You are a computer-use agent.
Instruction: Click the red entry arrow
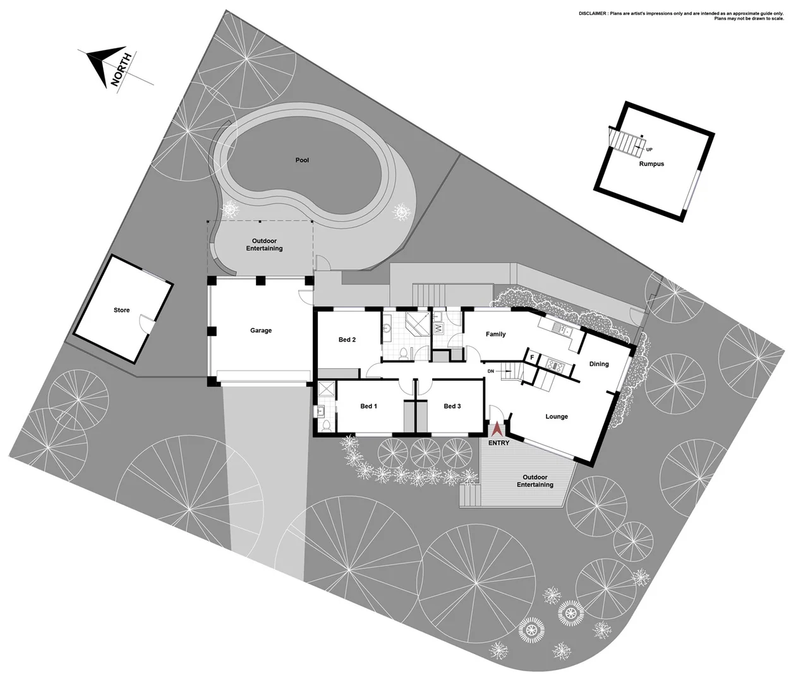pos(497,429)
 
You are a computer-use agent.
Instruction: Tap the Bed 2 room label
pos(347,340)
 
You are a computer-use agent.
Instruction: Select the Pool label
pos(302,160)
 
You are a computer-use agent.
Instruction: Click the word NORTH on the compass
pos(121,69)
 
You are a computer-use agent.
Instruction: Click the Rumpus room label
pos(651,164)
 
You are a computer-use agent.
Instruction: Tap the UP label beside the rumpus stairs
pos(649,150)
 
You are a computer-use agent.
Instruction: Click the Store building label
pos(121,310)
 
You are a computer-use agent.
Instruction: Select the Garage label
pos(261,330)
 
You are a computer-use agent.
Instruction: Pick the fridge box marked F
pos(532,358)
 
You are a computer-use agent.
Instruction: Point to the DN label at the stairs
pos(490,371)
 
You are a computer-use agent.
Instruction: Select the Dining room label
pos(599,364)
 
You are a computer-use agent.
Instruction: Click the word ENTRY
pos(498,443)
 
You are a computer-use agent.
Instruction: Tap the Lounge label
pos(557,417)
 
